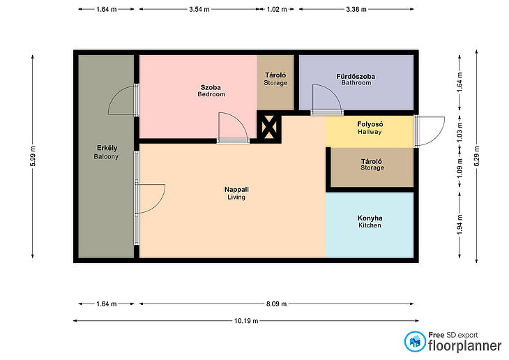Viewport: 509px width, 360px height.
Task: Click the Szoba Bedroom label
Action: click(x=211, y=91)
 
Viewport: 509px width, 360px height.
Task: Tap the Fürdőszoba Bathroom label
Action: click(x=356, y=80)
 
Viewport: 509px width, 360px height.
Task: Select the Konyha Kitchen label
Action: click(x=370, y=221)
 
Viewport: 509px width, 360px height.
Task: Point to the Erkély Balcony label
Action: click(x=107, y=152)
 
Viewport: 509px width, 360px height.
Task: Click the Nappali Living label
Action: click(x=236, y=193)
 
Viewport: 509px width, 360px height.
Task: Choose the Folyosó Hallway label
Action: click(x=370, y=128)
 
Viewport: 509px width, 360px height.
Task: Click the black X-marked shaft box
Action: click(x=269, y=127)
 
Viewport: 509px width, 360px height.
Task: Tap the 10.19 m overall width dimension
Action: click(x=246, y=321)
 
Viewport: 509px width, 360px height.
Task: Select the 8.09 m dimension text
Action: click(x=276, y=303)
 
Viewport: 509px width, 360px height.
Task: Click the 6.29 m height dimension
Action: click(x=476, y=156)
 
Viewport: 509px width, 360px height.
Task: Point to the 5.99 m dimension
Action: click(x=33, y=156)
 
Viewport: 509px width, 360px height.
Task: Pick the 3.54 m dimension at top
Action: click(x=199, y=9)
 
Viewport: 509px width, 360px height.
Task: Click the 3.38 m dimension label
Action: click(x=356, y=9)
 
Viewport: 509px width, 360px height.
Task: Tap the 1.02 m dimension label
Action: click(x=277, y=9)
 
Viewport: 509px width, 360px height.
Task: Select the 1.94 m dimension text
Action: click(x=459, y=225)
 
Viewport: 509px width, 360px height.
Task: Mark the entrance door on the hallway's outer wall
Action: click(x=429, y=131)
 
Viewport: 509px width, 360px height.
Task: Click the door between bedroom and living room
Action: click(x=233, y=128)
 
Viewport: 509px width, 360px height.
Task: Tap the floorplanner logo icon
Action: click(x=415, y=341)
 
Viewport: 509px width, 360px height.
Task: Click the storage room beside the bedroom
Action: click(x=275, y=82)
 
